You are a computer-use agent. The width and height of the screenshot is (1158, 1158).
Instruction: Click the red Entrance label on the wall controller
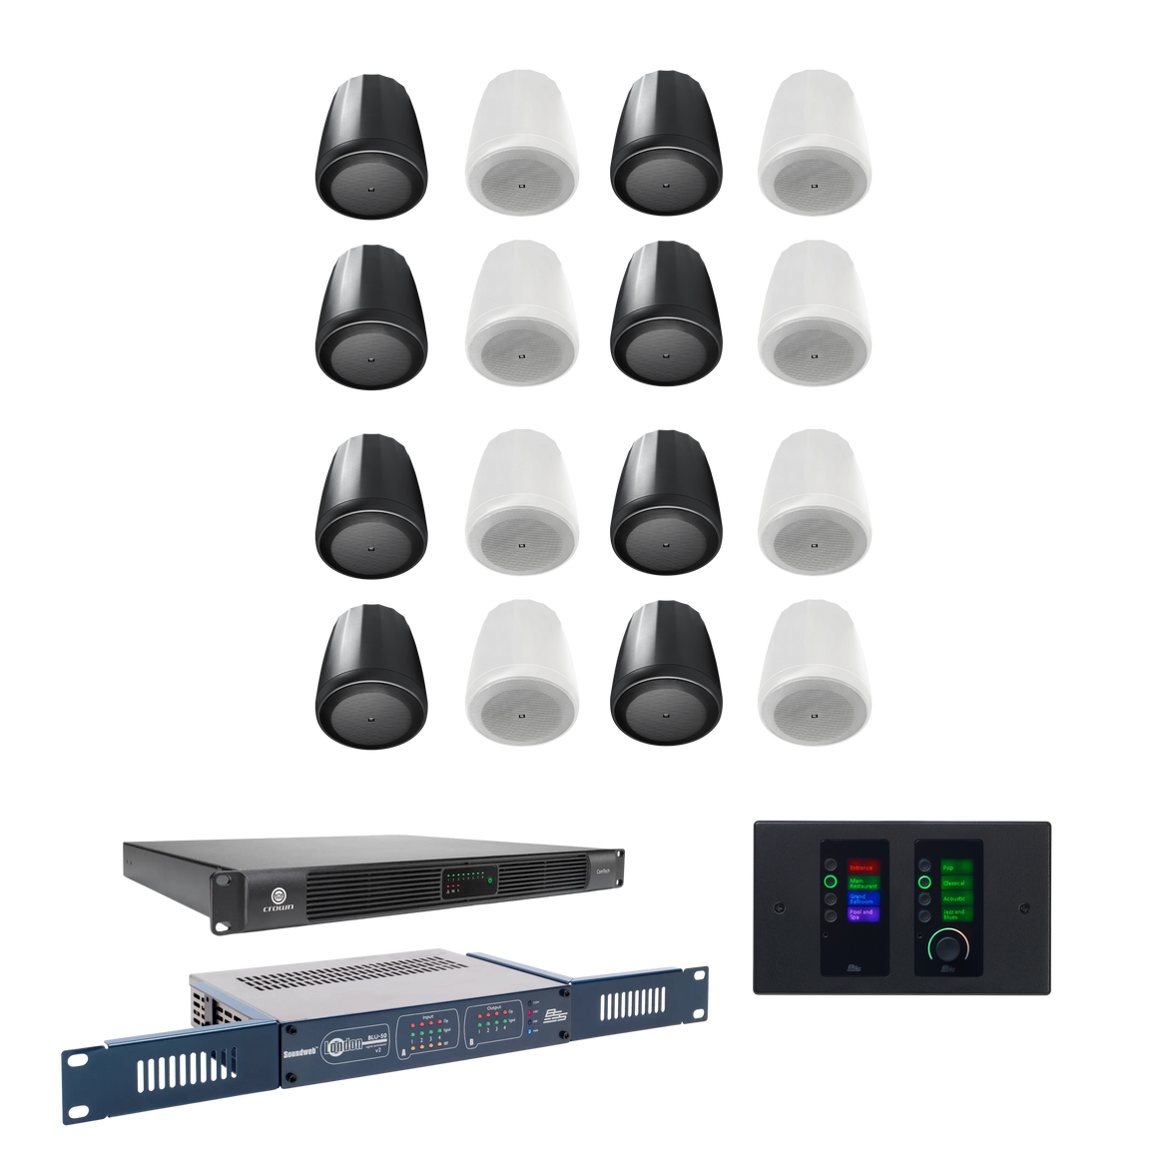(861, 868)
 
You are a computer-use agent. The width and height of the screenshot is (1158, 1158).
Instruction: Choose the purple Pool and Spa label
(861, 913)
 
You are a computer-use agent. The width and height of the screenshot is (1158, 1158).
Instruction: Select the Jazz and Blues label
(957, 913)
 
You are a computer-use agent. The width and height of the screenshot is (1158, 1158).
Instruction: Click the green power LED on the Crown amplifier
(491, 878)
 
